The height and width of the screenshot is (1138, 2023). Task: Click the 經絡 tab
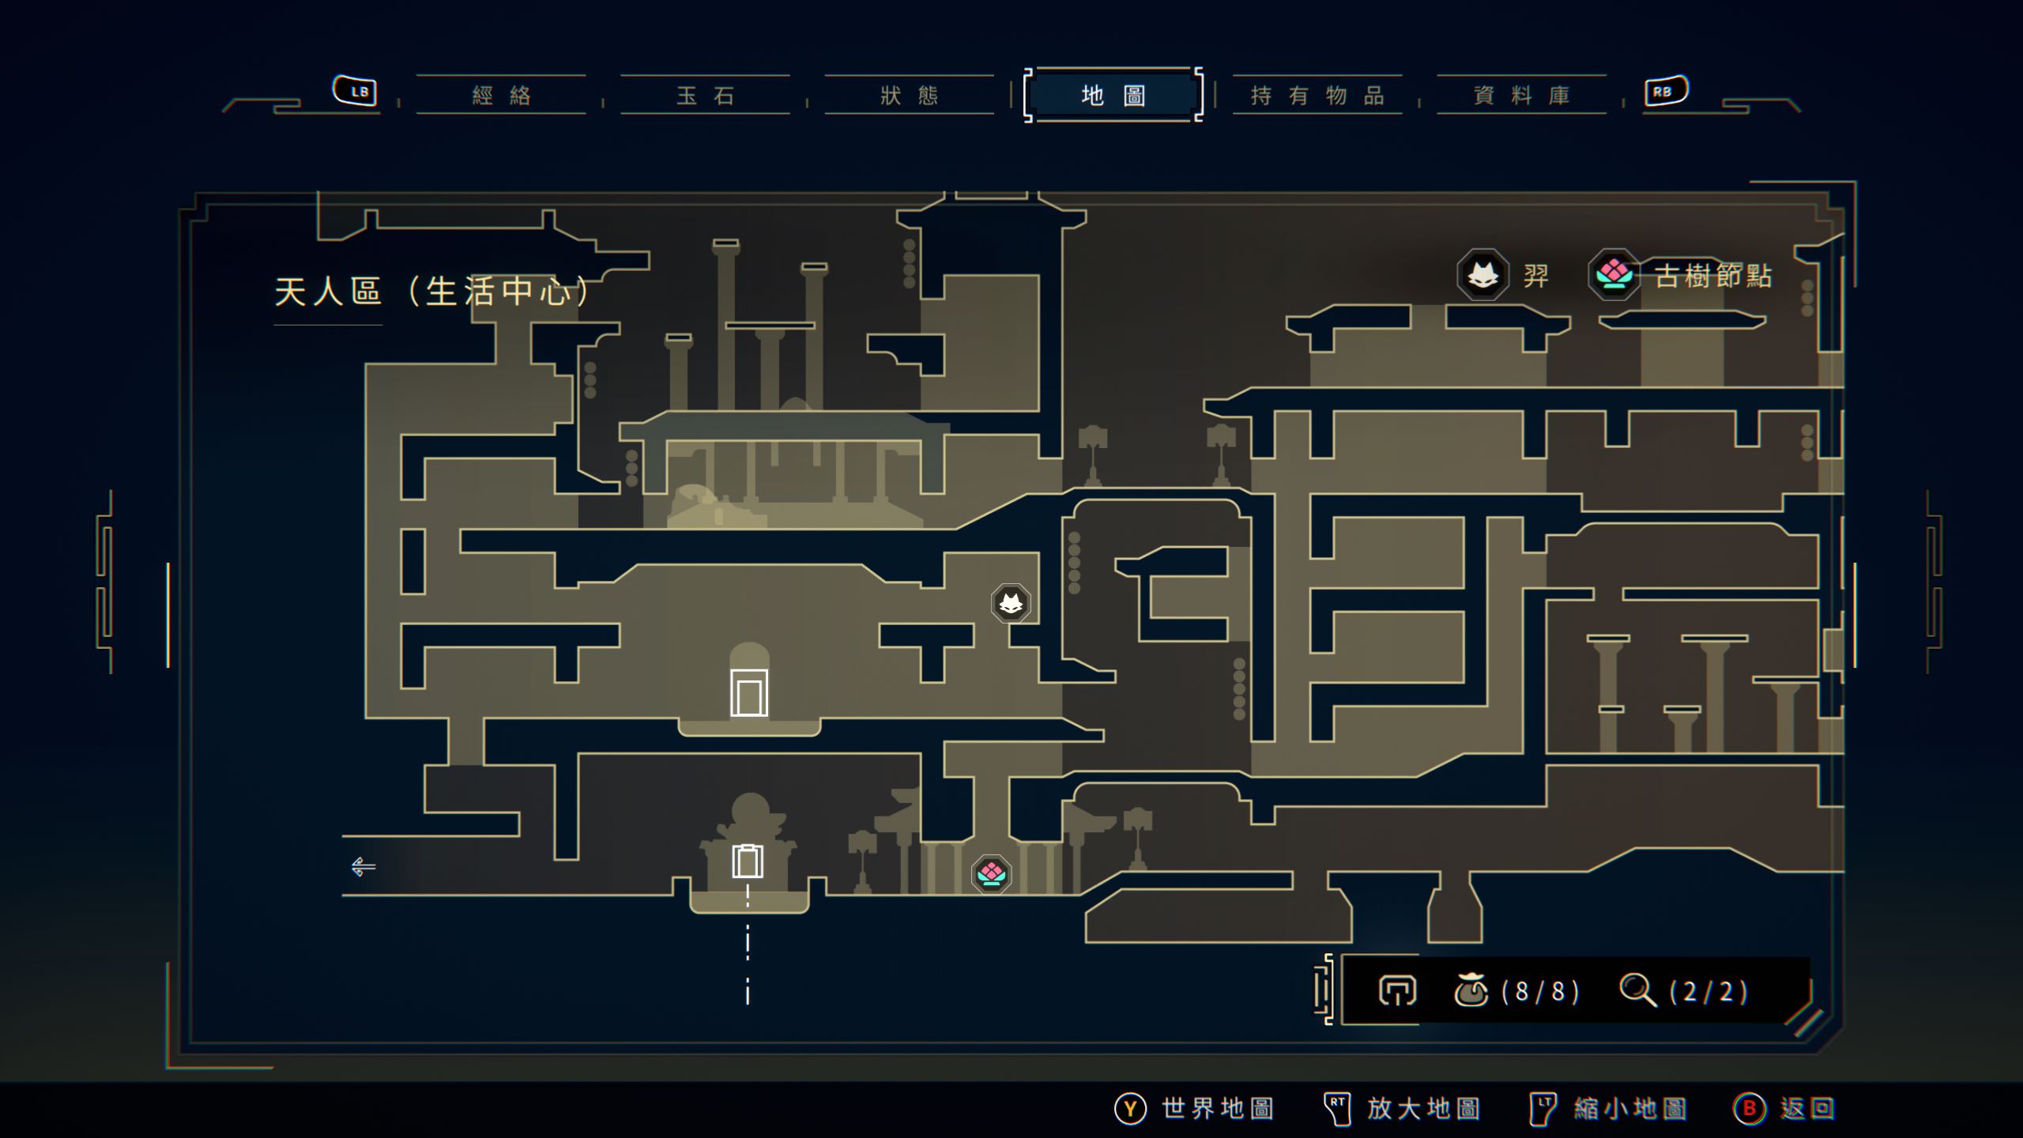click(x=501, y=96)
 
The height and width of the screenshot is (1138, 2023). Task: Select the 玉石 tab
click(x=705, y=96)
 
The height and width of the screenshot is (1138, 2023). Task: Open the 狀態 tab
click(x=910, y=96)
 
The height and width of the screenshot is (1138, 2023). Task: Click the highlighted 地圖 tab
click(x=1113, y=96)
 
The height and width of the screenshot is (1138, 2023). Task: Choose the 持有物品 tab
click(x=1317, y=96)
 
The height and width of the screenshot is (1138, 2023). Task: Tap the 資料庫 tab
click(x=1521, y=96)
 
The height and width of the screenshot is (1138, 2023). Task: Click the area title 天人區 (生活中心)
click(x=431, y=292)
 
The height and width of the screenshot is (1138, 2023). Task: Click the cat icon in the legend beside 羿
click(x=1482, y=275)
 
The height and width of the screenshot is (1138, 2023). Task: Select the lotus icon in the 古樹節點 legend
click(x=1614, y=275)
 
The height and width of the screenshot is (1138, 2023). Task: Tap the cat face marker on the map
click(x=1011, y=604)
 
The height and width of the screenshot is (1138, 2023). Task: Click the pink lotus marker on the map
click(x=991, y=874)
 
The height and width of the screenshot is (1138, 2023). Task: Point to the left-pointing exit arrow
click(x=363, y=867)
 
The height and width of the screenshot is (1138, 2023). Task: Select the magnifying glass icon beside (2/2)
click(x=1637, y=990)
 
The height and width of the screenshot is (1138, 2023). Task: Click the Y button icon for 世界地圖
click(x=1130, y=1109)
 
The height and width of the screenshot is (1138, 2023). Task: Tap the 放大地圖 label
click(x=1423, y=1109)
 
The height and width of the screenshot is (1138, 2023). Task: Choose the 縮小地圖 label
click(x=1629, y=1109)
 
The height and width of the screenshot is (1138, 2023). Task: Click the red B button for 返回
click(x=1749, y=1109)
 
